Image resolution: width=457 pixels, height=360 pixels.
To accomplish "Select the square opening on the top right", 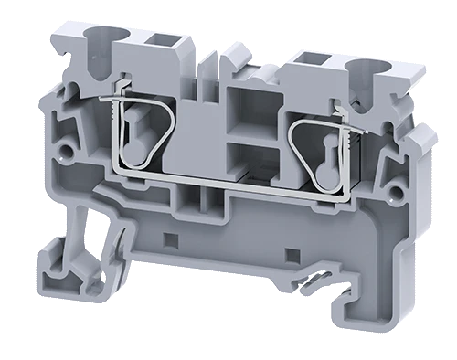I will [x=305, y=60].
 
